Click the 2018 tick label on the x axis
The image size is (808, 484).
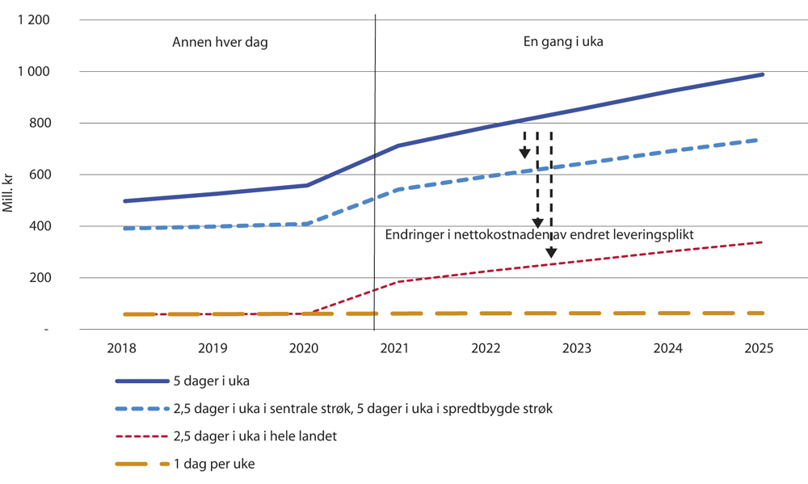pos(121,348)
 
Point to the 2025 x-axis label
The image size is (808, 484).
pos(760,348)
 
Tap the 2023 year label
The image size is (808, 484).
pos(577,348)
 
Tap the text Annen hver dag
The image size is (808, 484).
pos(220,43)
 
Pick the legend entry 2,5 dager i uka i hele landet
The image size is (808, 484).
pos(255,436)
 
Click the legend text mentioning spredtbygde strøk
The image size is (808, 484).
pos(363,409)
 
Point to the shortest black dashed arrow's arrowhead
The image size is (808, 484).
pos(524,153)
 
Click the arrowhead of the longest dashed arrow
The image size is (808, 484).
pos(551,252)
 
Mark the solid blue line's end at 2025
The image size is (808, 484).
pos(762,74)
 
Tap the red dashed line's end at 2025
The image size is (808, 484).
pos(762,242)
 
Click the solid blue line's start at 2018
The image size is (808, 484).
pos(124,201)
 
